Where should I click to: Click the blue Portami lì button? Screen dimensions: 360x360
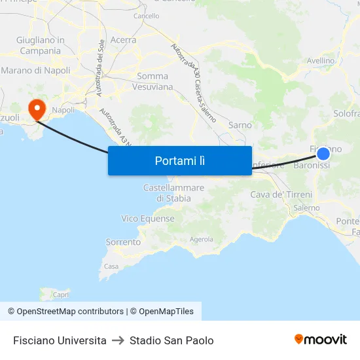click(180, 160)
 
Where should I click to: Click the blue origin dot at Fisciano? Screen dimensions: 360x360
click(323, 154)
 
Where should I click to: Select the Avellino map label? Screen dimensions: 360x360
click(321, 61)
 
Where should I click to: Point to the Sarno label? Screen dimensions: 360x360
click(240, 124)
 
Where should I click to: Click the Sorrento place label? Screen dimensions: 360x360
click(123, 242)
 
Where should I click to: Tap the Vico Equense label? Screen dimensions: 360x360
click(148, 219)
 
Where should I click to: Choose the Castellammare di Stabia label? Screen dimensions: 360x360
click(173, 193)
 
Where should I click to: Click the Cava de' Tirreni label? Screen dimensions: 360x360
click(281, 194)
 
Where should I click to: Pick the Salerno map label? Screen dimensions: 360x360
click(306, 208)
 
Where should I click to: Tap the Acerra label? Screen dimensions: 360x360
click(123, 40)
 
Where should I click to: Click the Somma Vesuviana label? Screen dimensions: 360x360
click(153, 81)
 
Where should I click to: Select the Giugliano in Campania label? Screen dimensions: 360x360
click(41, 45)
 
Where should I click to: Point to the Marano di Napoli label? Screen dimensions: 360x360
click(36, 70)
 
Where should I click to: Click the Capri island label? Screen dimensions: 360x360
click(61, 295)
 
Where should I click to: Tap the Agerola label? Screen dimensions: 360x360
click(202, 240)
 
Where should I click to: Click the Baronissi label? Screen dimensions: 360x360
click(312, 166)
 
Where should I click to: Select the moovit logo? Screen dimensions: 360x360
click(321, 340)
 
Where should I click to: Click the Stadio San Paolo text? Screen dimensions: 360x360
click(171, 340)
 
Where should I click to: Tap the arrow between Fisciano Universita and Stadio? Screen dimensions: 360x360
click(118, 340)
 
